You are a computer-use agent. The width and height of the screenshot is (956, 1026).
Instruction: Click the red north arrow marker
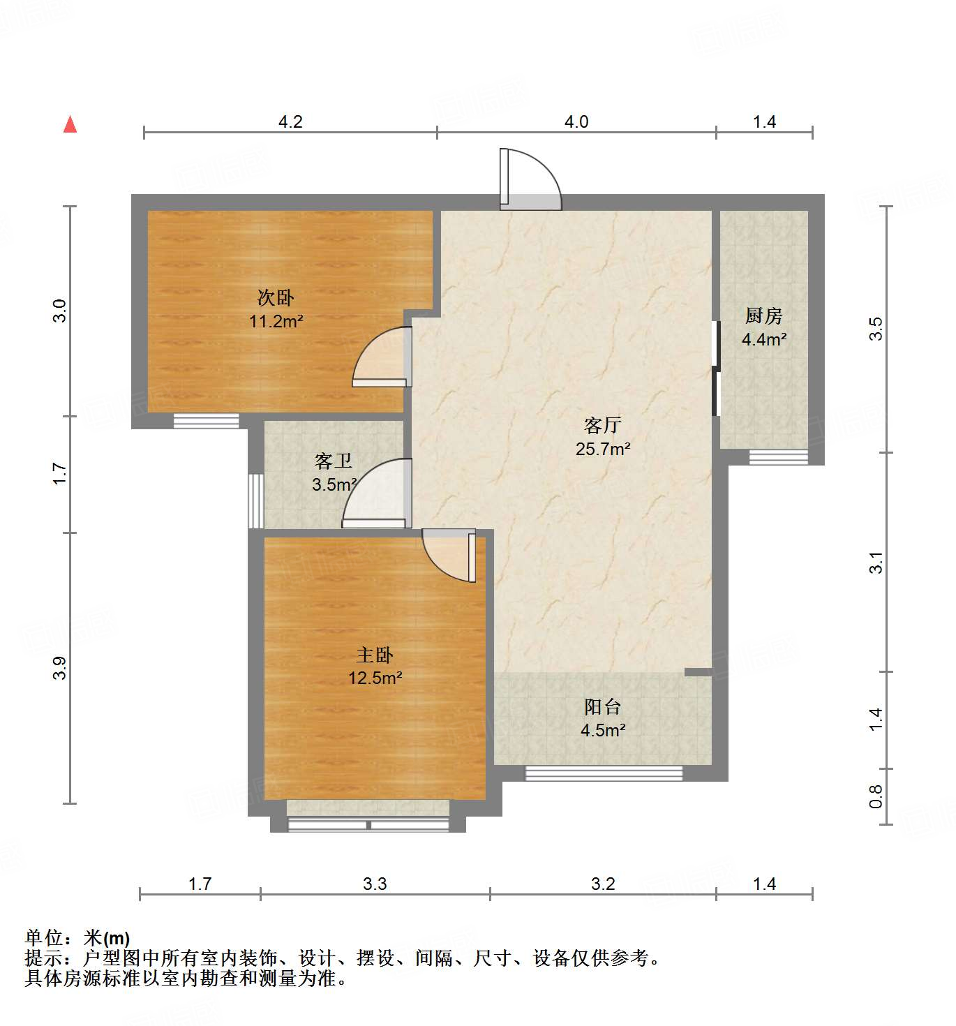click(70, 124)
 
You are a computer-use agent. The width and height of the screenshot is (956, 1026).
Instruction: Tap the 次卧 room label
click(276, 298)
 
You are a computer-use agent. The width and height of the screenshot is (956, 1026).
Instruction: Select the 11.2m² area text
click(276, 322)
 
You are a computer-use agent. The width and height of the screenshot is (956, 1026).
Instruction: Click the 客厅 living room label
click(602, 425)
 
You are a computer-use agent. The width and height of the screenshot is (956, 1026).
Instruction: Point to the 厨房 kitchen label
click(763, 316)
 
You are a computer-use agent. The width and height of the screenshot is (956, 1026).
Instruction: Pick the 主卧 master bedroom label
click(375, 655)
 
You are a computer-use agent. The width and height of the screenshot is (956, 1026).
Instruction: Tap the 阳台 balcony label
click(602, 707)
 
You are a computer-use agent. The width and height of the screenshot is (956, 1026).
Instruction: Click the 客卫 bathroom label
click(333, 461)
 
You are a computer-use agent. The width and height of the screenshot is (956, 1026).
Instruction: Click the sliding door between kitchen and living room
click(715, 368)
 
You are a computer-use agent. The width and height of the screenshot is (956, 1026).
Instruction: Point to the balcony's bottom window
click(604, 773)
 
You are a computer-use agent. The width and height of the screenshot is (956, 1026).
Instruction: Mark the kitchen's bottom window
click(778, 457)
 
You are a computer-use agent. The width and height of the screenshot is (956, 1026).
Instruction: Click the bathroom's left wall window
click(256, 501)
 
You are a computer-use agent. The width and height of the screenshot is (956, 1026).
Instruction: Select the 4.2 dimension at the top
click(290, 122)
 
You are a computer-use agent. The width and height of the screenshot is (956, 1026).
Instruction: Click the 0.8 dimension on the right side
click(876, 796)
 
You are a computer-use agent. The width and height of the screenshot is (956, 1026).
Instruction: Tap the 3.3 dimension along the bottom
click(375, 884)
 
